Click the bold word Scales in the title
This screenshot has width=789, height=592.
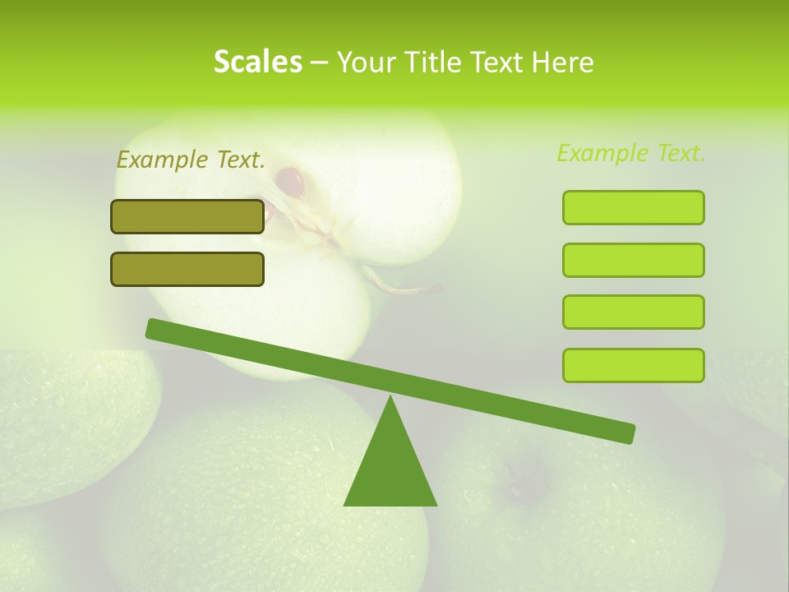coord(257,62)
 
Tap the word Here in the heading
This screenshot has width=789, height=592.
coord(563,62)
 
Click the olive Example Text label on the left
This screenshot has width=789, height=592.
coord(191,160)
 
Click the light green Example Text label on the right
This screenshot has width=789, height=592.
coord(631,153)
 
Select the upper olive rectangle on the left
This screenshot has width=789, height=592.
coord(187,216)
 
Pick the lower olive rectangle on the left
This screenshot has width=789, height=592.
coord(187,269)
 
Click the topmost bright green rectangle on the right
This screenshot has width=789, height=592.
coord(633,207)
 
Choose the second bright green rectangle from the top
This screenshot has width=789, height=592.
coord(633,260)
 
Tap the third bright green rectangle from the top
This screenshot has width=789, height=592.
coord(633,312)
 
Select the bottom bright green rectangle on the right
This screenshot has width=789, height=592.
coord(633,365)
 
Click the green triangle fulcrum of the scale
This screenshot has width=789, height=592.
coord(390,469)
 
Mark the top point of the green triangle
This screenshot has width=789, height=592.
coord(391,397)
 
